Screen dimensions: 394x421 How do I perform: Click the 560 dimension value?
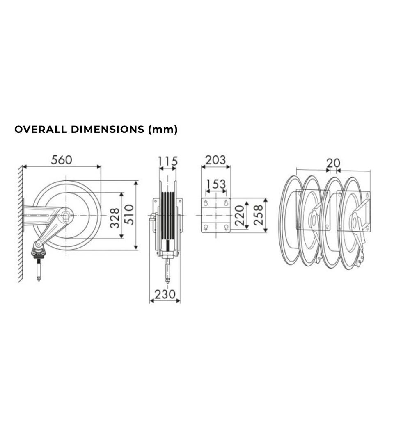(62, 160)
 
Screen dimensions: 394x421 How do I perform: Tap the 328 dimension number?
(115, 218)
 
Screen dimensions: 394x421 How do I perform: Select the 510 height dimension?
(129, 214)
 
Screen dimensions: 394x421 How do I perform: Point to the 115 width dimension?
(168, 162)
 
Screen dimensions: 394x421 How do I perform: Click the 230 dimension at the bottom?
(165, 294)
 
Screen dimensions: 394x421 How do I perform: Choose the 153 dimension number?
(216, 184)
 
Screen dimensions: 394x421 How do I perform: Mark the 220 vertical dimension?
(239, 215)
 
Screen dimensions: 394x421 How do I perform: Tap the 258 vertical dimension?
(258, 215)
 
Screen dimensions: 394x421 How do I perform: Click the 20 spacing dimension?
(333, 163)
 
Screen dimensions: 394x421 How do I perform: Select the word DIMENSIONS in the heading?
(108, 130)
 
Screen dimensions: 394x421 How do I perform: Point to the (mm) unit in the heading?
(163, 130)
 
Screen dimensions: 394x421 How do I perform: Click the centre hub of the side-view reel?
(66, 215)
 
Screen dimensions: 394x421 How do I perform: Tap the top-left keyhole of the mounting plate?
(206, 203)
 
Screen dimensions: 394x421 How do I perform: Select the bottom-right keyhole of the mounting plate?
(226, 228)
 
